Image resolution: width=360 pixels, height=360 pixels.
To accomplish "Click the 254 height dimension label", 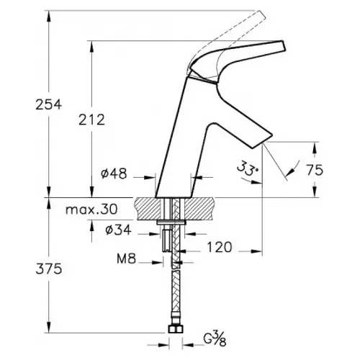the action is click(x=49, y=104).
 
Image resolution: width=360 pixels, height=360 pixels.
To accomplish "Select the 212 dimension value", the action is click(x=92, y=120).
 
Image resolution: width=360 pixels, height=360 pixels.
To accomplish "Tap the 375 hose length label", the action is click(x=49, y=269).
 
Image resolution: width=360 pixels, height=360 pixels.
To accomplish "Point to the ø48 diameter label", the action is click(x=114, y=174).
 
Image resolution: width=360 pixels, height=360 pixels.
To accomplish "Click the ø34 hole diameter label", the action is click(x=118, y=230).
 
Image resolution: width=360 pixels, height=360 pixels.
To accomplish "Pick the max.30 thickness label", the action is click(x=91, y=210).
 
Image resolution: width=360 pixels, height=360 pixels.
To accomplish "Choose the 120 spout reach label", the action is click(x=220, y=247).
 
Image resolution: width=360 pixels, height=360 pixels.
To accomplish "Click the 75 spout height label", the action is click(x=315, y=170).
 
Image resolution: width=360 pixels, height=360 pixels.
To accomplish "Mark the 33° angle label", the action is click(x=248, y=167).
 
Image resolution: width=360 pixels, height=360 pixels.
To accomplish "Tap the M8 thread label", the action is click(x=127, y=258).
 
